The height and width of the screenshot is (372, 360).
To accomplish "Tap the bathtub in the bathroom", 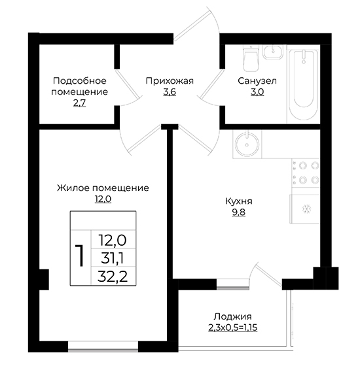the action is coord(304,84).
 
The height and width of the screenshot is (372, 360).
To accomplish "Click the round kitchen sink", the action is coord(247,144).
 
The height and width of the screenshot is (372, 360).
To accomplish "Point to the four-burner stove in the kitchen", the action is coord(306,173).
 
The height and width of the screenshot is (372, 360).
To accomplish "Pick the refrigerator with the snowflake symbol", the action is coord(304,209).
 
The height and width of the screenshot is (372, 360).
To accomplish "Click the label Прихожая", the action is coord(170,81).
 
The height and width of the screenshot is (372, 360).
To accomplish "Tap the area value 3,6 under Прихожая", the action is coord(170,92).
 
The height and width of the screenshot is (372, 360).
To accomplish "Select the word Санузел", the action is coord(257,81).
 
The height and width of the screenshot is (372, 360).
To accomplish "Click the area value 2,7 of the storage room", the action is coord(80,103).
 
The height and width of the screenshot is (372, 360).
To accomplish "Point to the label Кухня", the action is coord(239,201).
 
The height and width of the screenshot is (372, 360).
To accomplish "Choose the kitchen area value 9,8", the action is coord(239,212).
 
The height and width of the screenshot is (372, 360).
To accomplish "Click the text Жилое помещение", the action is coord(103,188).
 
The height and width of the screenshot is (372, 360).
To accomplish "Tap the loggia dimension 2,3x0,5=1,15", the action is coord(233,328).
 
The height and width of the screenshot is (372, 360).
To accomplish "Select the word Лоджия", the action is coord(232,316).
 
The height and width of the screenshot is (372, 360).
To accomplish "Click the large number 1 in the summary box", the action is coord(80,256).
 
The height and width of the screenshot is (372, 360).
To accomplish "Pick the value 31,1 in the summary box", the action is coord(112,258).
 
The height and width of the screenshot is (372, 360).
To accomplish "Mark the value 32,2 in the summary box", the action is coord(113,276).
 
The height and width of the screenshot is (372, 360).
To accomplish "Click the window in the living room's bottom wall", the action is coord(103,347).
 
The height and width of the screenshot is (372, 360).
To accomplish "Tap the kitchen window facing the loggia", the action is coord(233,284).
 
